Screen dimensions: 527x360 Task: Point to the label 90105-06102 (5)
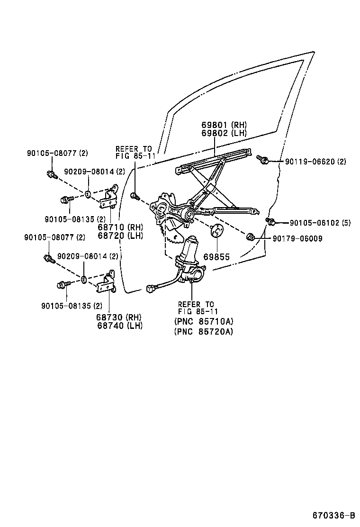pos(320,223)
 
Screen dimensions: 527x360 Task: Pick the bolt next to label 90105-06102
pos(271,221)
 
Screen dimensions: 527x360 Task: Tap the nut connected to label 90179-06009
pos(251,237)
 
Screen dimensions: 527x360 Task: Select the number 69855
pos(216,257)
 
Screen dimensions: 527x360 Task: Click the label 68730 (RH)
pos(120,317)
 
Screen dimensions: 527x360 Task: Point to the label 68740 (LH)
pos(120,326)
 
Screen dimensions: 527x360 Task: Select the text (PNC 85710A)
pos(203,321)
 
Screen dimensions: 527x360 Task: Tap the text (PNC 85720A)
pos(203,331)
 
